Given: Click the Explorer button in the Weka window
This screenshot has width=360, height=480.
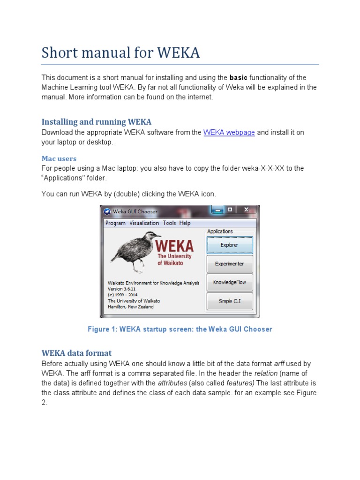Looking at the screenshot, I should pyautogui.click(x=229, y=245).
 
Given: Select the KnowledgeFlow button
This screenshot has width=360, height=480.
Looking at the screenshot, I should pyautogui.click(x=229, y=283).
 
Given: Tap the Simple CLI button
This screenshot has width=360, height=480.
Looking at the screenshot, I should pyautogui.click(x=229, y=301).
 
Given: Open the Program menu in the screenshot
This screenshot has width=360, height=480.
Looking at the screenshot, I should pyautogui.click(x=115, y=223).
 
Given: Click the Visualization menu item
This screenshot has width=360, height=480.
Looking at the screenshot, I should pyautogui.click(x=144, y=223).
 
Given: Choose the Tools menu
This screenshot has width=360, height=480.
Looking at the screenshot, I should pyautogui.click(x=169, y=223).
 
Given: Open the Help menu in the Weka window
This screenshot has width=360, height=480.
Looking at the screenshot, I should pyautogui.click(x=185, y=223).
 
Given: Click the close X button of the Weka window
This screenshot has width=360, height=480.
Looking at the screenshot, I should pyautogui.click(x=247, y=210).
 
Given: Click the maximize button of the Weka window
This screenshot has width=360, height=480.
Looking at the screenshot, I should pyautogui.click(x=230, y=210).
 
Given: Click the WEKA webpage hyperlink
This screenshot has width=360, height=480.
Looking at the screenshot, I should pyautogui.click(x=229, y=133).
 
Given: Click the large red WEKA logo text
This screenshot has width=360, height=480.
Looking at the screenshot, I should pyautogui.click(x=174, y=246).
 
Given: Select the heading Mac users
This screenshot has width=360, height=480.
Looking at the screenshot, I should pyautogui.click(x=59, y=158).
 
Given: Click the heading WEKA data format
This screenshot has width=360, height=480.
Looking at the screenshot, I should pyautogui.click(x=76, y=353).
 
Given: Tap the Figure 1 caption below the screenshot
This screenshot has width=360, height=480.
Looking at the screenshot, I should pyautogui.click(x=180, y=329).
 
